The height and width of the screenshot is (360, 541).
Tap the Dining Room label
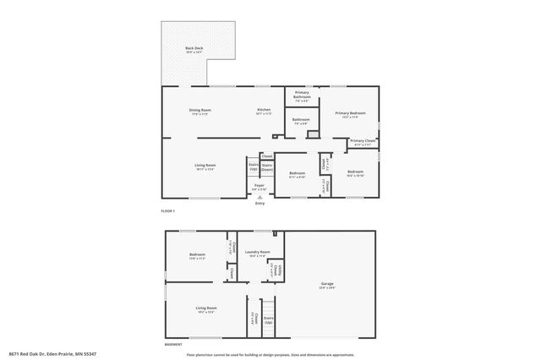tap(199, 111)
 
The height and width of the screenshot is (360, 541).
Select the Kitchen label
tap(264, 111)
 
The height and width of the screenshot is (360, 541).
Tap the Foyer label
tap(260, 186)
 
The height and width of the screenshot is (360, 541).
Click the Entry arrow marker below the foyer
tap(260, 196)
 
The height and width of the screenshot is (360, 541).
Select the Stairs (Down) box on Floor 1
tap(266, 166)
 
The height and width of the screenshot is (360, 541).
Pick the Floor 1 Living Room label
tap(205, 166)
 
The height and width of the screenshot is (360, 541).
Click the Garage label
tap(326, 284)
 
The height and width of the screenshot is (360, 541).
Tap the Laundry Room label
tap(257, 253)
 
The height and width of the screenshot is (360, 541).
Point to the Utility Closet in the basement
tap(276, 270)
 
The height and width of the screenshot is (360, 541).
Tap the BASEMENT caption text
tap(172, 345)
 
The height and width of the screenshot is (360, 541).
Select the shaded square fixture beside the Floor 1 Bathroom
tap(312, 134)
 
